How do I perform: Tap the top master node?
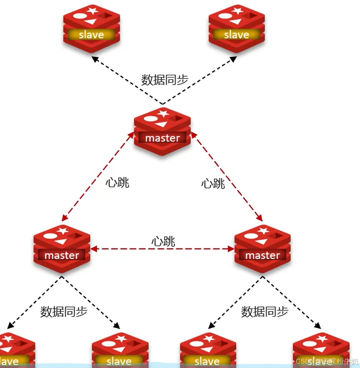point(162,131)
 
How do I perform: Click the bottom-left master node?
point(61,248)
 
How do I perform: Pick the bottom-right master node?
point(262,248)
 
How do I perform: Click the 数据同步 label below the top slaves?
point(164,80)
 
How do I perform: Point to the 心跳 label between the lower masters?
point(163,241)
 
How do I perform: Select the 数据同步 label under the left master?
point(64,312)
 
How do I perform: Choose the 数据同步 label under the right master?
point(264,312)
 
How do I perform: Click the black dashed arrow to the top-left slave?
point(126,80)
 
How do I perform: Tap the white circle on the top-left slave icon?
point(80,16)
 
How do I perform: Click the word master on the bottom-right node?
point(262,255)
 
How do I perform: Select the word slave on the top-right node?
point(237,35)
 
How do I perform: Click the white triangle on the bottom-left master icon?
point(61,241)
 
